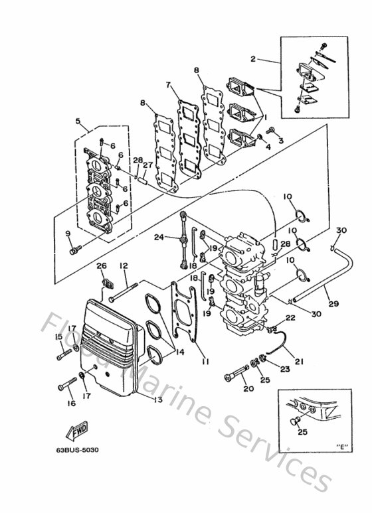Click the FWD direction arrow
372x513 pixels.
tap(77, 431)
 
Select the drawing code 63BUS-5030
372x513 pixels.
tap(77, 450)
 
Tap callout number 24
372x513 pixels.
tap(159, 237)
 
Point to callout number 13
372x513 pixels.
tap(158, 399)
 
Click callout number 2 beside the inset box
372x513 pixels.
tap(253, 59)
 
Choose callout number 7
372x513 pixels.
tap(168, 85)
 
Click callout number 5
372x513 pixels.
tap(78, 121)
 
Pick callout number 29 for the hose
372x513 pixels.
tap(333, 304)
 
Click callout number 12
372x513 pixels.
tap(123, 265)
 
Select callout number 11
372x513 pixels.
tap(206, 361)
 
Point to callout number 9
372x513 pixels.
tap(68, 233)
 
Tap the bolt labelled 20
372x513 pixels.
tap(236, 373)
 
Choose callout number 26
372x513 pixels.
tap(102, 265)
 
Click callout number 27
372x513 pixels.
tap(148, 165)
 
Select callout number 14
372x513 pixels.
tap(180, 352)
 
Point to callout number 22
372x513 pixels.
tap(290, 318)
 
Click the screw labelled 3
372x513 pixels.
tap(271, 131)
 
